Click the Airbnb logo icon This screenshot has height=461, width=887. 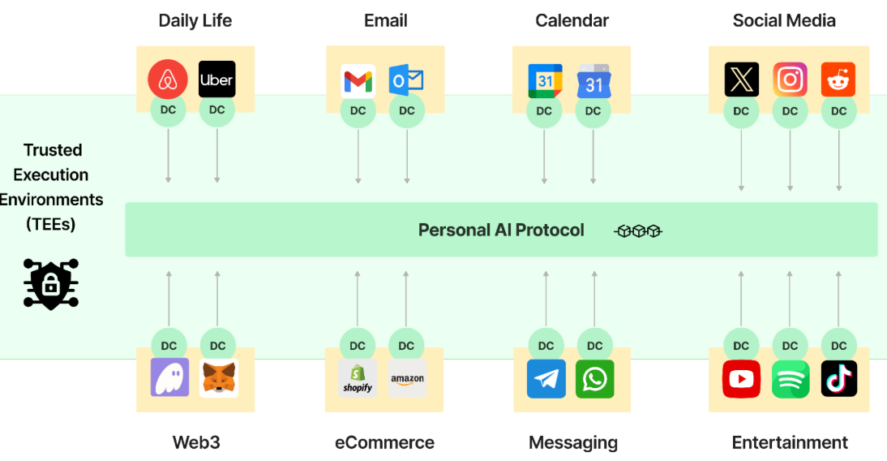pos(168,80)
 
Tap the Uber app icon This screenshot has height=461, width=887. pos(216,80)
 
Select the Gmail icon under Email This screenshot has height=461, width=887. pos(358,81)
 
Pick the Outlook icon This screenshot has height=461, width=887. pos(406,81)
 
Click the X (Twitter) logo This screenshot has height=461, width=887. pos(741,80)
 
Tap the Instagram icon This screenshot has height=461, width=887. pos(790,80)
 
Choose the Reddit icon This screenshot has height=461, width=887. pos(838,80)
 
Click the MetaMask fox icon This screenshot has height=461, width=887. pos(219,378)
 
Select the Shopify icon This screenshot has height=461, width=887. pos(358,378)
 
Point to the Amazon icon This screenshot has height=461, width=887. pos(407,378)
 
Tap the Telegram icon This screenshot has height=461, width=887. pos(546,378)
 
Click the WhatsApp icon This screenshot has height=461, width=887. pos(594,378)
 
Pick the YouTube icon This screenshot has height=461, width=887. pos(741,378)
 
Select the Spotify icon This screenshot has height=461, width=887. pos(790,378)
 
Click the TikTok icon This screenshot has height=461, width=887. pos(838,378)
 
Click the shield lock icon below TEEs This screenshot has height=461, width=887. pos(50,284)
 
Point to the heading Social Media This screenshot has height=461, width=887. pos(783,20)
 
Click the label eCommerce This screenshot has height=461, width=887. pos(384,442)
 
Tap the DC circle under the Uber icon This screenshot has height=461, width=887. pos(216,110)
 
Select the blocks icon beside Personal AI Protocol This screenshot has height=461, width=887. pos(638,231)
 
